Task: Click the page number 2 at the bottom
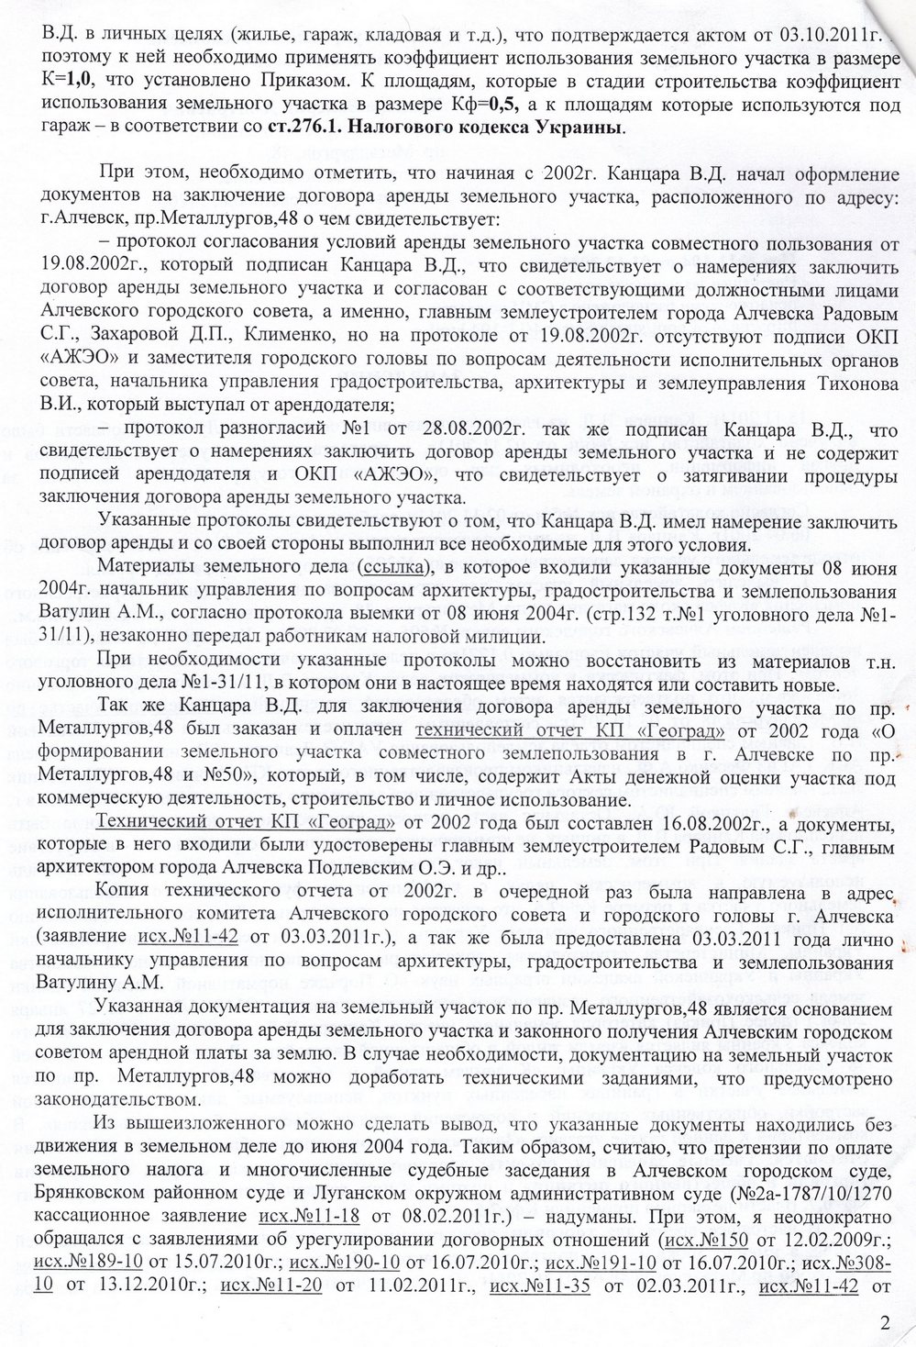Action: coord(884,1322)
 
